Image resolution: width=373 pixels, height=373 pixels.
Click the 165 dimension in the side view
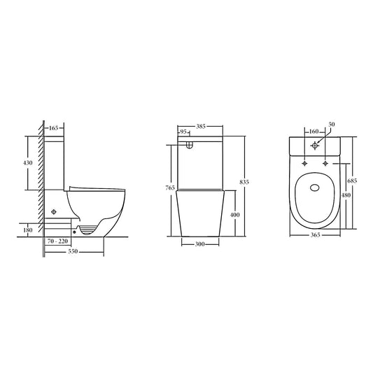pyautogui.click(x=54, y=129)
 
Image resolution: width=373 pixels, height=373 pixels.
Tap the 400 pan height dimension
pyautogui.click(x=235, y=214)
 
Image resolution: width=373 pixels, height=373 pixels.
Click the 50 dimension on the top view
pyautogui.click(x=332, y=124)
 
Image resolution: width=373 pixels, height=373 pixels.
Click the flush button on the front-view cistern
pyautogui.click(x=190, y=146)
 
